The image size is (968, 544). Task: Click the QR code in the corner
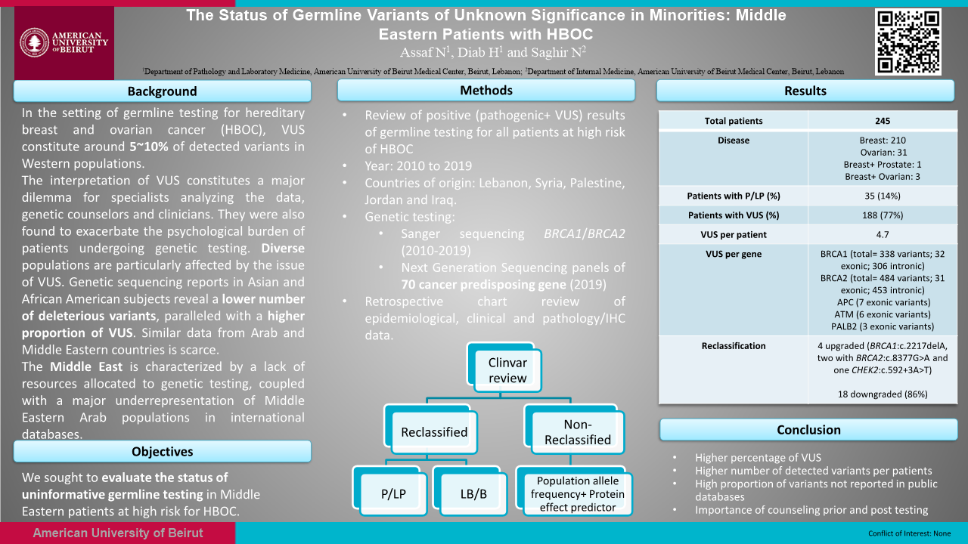click(x=908, y=42)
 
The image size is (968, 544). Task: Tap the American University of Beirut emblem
click(x=34, y=42)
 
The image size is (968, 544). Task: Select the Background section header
click(x=162, y=91)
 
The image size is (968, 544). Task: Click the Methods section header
click(x=486, y=91)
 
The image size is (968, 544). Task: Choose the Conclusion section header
click(x=808, y=430)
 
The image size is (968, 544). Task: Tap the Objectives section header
click(x=162, y=452)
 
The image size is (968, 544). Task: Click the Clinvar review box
click(x=507, y=370)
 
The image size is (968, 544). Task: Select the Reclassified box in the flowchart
click(x=433, y=432)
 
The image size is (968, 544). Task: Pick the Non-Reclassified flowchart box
click(x=576, y=432)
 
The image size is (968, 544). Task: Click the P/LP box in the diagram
click(x=393, y=494)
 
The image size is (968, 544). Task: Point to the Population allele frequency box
click(x=578, y=493)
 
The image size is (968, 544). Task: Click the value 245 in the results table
click(x=882, y=121)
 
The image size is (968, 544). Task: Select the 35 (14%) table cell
click(x=882, y=196)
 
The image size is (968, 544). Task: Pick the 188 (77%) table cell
click(x=882, y=215)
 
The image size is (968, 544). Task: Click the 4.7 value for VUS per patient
click(x=882, y=234)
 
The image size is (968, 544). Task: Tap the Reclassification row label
click(x=734, y=346)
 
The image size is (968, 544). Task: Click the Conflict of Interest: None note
click(x=910, y=533)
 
